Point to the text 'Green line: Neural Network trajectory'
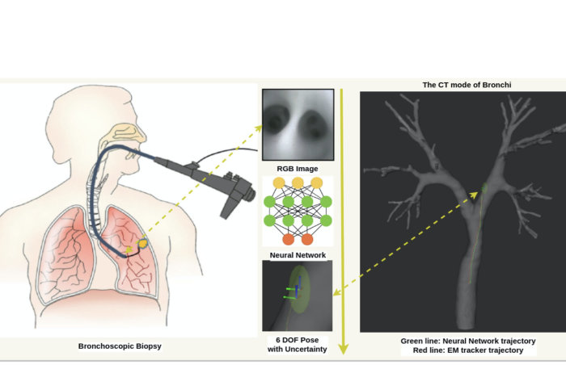(468, 341)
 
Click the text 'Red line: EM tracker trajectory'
(468, 351)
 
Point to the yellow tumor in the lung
(143, 241)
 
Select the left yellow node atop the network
(280, 183)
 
